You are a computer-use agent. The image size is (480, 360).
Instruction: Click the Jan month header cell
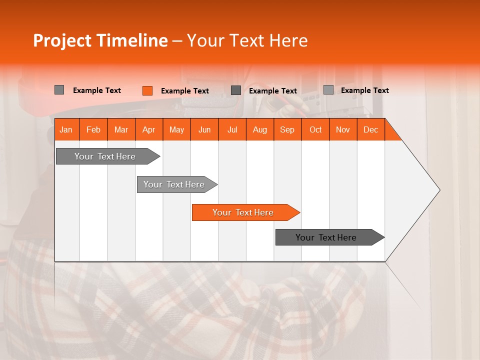[x=66, y=129]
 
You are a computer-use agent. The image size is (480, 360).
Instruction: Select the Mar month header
[x=121, y=129]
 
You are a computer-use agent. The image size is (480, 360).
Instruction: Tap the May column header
[x=176, y=129]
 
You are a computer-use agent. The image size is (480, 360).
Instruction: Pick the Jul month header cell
[x=232, y=129]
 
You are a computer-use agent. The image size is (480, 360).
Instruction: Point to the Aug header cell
[x=259, y=129]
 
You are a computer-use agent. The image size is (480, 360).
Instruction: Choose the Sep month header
[x=287, y=129]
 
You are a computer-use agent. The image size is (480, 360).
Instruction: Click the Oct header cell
[x=315, y=129]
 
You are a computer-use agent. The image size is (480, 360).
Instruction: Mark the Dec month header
[x=370, y=129]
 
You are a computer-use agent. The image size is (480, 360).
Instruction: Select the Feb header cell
[x=93, y=129]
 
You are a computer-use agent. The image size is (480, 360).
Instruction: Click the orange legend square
[x=147, y=90]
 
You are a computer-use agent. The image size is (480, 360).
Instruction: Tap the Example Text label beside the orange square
[x=184, y=91]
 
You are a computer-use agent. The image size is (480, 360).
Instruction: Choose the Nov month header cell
[x=343, y=129]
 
